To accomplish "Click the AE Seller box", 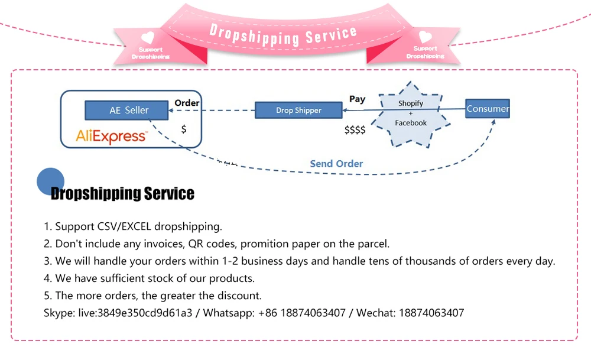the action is pos(129,110).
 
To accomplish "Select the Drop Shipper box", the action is pos(298,110).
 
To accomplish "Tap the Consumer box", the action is pos(487,109).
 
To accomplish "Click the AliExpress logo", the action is pos(111,137).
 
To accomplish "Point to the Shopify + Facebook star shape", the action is pos(411,113).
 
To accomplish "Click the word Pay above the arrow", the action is pos(357,99).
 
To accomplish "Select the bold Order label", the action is pos(187,103).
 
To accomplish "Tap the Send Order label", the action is pos(336,164).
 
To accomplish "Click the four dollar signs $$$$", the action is pos(355,130).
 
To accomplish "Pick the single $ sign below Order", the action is pos(184,128).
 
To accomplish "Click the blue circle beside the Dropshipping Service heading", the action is pos(51,181).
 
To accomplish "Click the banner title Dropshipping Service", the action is pos(284,35).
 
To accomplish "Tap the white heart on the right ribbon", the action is pos(426,37).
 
